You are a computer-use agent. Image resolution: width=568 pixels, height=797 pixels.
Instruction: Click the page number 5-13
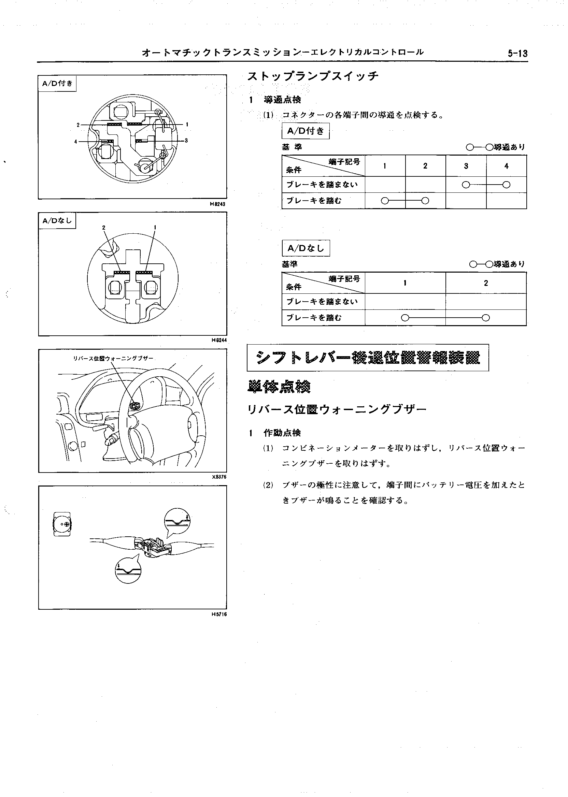tap(517, 54)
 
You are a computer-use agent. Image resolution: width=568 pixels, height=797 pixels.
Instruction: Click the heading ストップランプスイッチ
tap(313, 76)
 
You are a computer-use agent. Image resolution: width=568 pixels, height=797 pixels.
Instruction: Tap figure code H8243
tap(219, 204)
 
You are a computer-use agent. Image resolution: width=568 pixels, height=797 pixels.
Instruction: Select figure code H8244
tap(219, 340)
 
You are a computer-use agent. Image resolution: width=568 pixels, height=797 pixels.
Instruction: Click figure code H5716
tap(219, 614)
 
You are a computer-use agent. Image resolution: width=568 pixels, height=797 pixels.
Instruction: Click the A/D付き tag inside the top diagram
tap(57, 84)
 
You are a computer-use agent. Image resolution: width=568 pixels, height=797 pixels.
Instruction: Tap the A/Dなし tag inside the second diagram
tap(57, 220)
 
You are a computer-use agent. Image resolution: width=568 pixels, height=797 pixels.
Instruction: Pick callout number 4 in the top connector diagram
tap(75, 142)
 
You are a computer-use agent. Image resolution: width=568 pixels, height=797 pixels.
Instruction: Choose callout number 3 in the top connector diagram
tap(186, 141)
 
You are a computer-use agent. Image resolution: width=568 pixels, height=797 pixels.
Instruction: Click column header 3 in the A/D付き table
tap(466, 166)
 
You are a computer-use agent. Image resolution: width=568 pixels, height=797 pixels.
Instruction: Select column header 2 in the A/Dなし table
tap(486, 283)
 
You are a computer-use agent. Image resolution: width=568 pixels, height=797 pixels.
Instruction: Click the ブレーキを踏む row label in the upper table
tap(314, 201)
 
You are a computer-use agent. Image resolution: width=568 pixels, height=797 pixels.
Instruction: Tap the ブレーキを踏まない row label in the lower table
tap(322, 301)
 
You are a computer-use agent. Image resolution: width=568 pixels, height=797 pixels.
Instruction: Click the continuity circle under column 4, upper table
tap(506, 185)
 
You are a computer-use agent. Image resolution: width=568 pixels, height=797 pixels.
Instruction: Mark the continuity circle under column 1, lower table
tap(405, 318)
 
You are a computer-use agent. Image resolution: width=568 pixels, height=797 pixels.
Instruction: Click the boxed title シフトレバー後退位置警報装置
tap(368, 358)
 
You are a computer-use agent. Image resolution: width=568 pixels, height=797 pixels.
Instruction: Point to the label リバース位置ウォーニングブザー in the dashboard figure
tap(113, 358)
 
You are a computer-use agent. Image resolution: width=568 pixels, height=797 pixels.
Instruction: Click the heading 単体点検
tap(279, 386)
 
